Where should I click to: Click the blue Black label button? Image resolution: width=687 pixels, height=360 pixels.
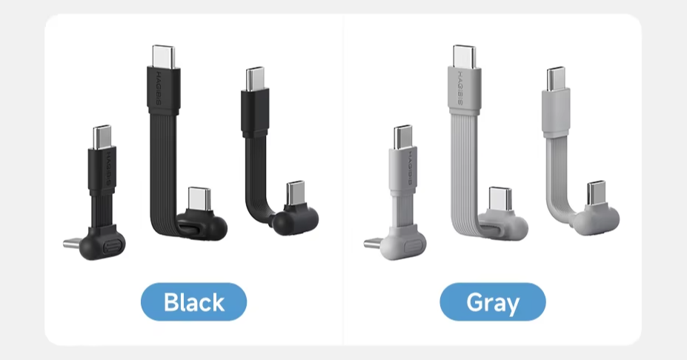(193, 301)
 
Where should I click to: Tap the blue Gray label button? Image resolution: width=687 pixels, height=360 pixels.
(493, 301)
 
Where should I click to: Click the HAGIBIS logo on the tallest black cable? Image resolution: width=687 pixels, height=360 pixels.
(159, 88)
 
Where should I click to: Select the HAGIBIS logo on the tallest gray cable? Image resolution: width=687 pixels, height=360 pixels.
(460, 87)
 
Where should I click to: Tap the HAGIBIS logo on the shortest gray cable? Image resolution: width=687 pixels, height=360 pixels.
(410, 168)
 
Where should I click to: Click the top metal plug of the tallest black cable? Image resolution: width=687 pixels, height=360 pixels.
(164, 56)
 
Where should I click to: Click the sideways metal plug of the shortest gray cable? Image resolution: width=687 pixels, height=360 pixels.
(373, 243)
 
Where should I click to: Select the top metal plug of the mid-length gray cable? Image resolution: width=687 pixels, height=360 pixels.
(556, 79)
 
